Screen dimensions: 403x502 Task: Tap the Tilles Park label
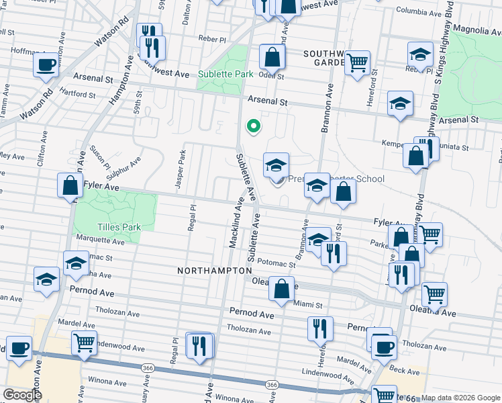pos(118,227)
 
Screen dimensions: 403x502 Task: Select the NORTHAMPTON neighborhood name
pos(209,270)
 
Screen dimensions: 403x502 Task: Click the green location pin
pos(253,125)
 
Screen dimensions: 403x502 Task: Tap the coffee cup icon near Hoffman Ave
pos(46,64)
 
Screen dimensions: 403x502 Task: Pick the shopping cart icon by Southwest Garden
pos(358,62)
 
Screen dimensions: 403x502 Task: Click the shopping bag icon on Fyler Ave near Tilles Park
pos(70,184)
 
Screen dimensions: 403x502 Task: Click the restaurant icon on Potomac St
pos(333,253)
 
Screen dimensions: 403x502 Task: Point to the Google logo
pos(21,395)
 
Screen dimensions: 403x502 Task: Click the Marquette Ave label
pos(101,240)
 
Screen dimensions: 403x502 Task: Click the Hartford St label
pos(77,94)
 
